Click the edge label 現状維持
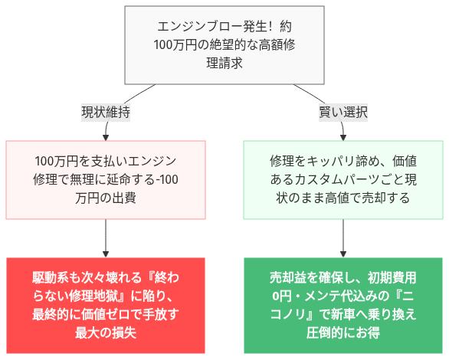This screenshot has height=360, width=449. point(105,112)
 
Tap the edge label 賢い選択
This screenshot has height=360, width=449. point(343,112)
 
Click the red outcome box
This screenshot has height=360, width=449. point(105,304)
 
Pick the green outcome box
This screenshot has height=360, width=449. point(343,304)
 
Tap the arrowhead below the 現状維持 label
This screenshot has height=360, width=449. point(105,136)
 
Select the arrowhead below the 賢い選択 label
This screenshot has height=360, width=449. point(343,136)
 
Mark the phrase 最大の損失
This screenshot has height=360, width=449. point(105,332)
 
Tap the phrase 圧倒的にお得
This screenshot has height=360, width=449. point(343,332)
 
